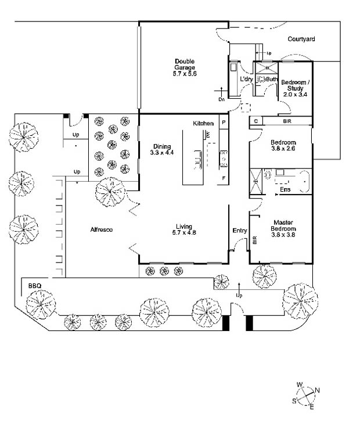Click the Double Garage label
pyautogui.click(x=185, y=64)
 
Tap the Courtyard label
pyautogui.click(x=301, y=39)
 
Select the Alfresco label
pyautogui.click(x=102, y=229)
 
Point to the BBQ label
pyautogui.click(x=35, y=286)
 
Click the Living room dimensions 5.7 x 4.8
pyautogui.click(x=184, y=232)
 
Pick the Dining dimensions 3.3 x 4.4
pyautogui.click(x=162, y=153)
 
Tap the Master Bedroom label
pyautogui.click(x=283, y=225)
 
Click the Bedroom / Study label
pyautogui.click(x=296, y=85)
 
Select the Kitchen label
pyautogui.click(x=203, y=124)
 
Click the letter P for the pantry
pyautogui.click(x=224, y=122)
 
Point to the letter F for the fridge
pyautogui.click(x=224, y=178)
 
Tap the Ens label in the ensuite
pyautogui.click(x=285, y=189)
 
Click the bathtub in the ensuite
pyautogui.click(x=304, y=182)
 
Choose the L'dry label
pyautogui.click(x=246, y=79)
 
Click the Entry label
pyautogui.click(x=240, y=231)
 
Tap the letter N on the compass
pyautogui.click(x=317, y=390)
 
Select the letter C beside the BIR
pyautogui.click(x=256, y=121)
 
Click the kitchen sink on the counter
pyautogui.click(x=224, y=159)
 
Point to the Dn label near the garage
pyautogui.click(x=221, y=100)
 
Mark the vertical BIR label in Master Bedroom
pyautogui.click(x=255, y=240)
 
